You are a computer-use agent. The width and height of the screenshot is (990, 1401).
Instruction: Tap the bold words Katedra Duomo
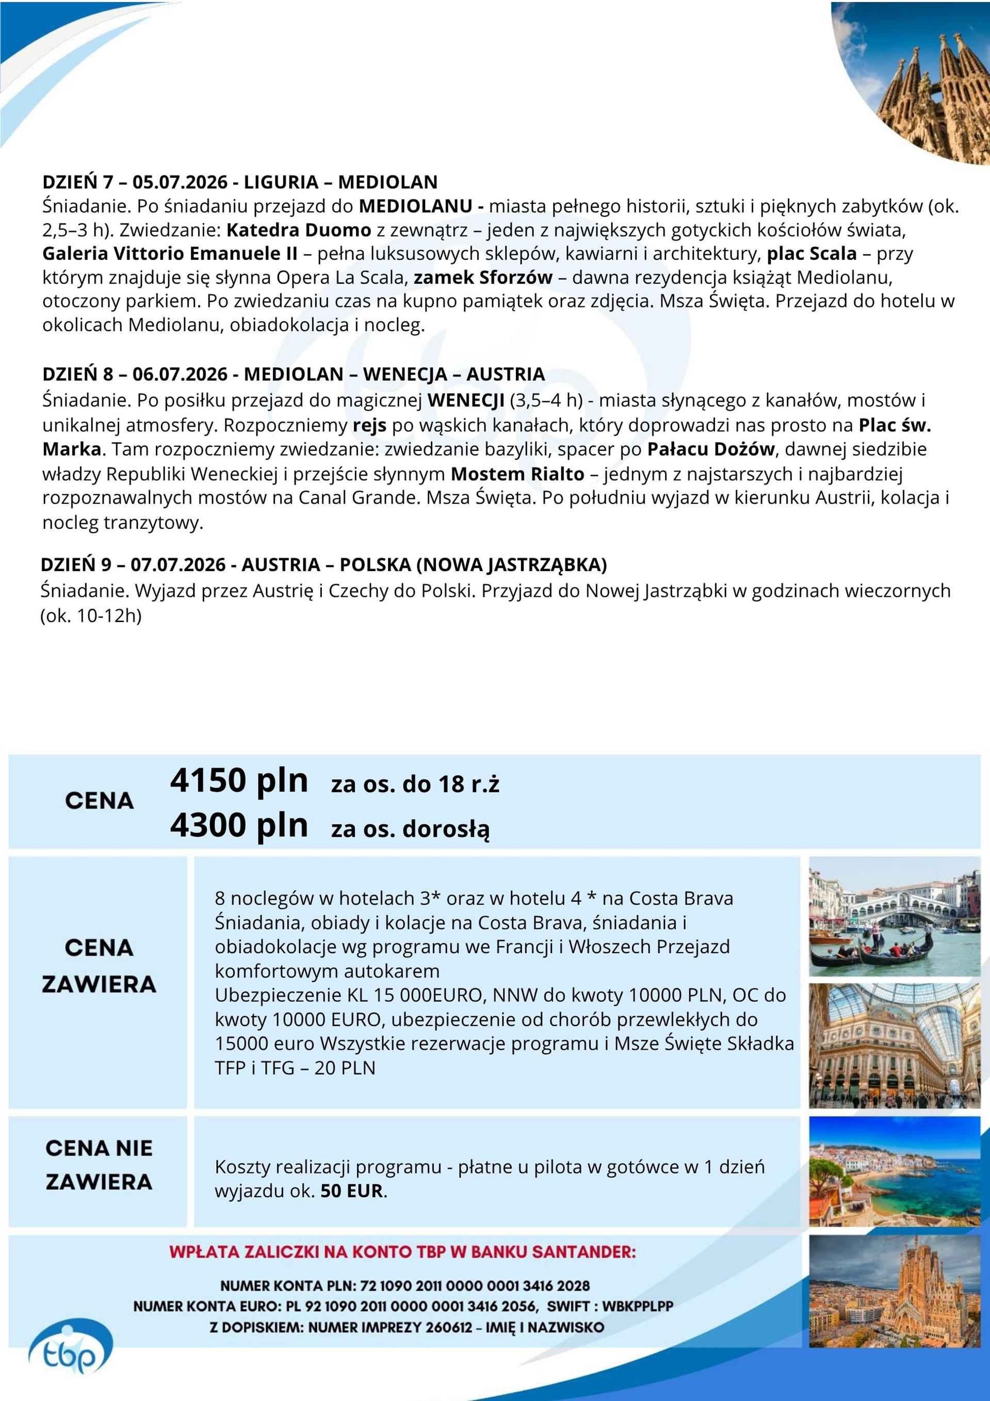coord(299,230)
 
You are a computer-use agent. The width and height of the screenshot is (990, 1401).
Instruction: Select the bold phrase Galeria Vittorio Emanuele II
coord(169,253)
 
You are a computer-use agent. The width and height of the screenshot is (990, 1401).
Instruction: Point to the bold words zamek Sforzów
coord(483,278)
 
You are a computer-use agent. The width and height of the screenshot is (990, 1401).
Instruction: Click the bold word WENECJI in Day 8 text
coord(466,400)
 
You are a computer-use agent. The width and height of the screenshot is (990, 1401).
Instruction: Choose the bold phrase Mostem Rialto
coord(517,474)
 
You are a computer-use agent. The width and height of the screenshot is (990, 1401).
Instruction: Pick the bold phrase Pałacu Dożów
coord(710,449)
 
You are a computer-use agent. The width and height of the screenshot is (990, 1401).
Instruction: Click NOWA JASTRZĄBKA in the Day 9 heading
coord(511,564)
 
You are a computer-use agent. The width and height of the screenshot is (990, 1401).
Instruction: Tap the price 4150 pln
coord(239,780)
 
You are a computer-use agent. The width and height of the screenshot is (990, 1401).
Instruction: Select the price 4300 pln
coord(239,825)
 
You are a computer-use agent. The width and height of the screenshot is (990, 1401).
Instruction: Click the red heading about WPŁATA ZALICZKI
coord(402,1252)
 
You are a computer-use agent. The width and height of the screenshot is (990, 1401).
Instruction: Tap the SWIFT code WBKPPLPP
coord(637,1307)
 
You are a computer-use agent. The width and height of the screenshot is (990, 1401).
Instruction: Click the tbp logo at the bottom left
coord(70,1355)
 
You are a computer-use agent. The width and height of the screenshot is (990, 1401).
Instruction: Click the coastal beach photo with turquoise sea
coord(894,1170)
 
